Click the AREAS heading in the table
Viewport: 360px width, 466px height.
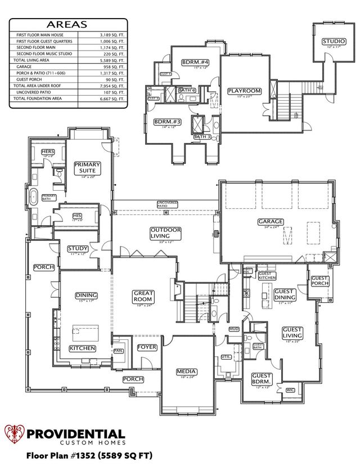tap(67, 24)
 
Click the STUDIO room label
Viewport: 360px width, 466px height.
tap(334, 41)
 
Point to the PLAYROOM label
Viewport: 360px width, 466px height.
tap(245, 91)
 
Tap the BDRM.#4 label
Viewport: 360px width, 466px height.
tap(195, 62)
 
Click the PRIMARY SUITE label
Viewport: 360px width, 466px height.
tap(88, 168)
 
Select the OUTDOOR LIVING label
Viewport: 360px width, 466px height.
tap(165, 233)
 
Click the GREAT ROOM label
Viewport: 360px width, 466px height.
tap(143, 297)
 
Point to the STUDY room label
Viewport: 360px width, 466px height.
tap(78, 249)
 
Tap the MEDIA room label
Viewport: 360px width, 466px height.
tap(186, 371)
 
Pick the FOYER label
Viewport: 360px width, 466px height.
tap(147, 347)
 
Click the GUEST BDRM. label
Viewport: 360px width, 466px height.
tap(262, 379)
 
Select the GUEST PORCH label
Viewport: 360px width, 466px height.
tap(319, 280)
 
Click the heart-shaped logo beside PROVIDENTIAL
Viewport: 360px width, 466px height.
tap(15, 434)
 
